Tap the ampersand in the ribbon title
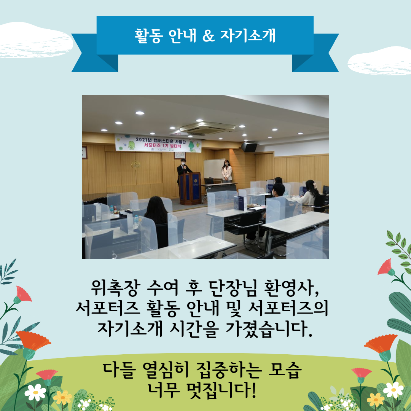point(209,36)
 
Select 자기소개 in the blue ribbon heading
point(248,36)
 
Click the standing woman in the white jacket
point(227,171)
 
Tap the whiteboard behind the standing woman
point(214,169)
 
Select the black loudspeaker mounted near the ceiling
point(249,147)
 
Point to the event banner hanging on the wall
point(158,143)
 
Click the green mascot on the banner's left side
point(131,145)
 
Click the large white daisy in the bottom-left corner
point(35,392)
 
